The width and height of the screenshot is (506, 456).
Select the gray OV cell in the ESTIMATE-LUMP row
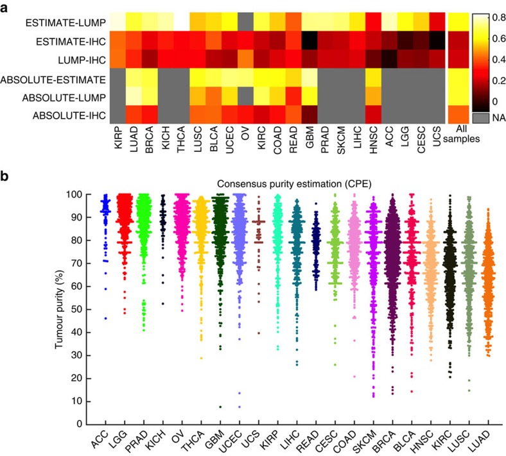tap(245, 23)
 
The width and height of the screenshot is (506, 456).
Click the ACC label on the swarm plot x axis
tap(98, 443)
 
